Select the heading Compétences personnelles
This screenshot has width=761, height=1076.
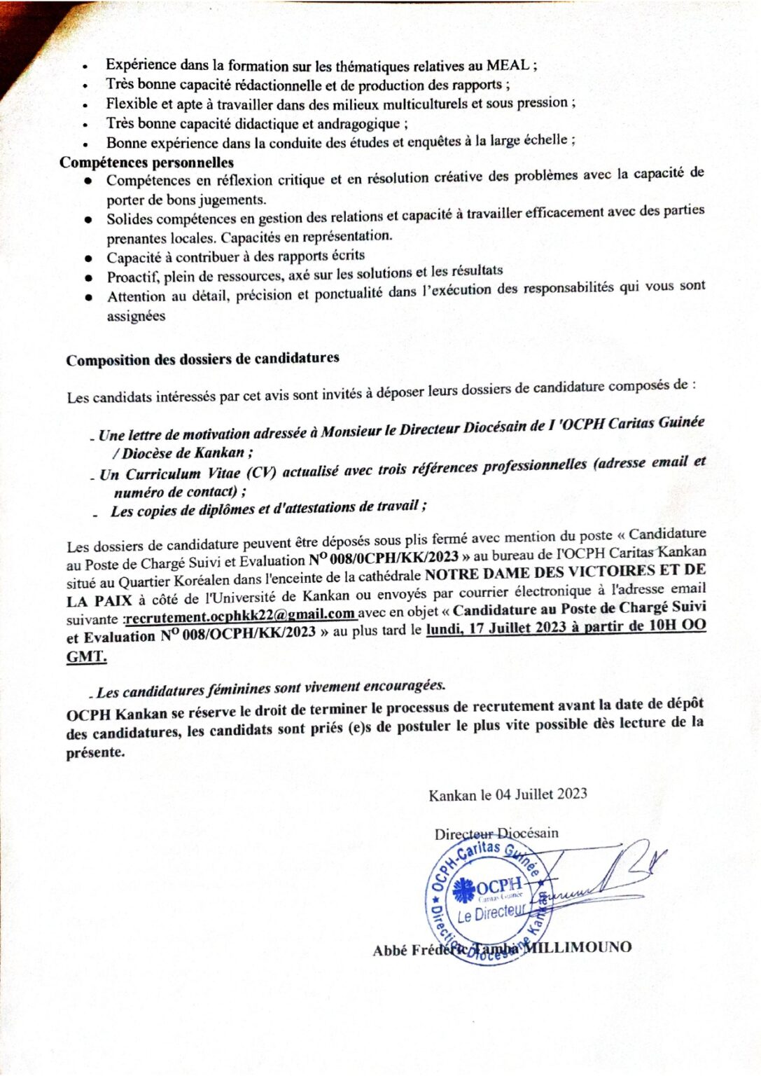point(146,163)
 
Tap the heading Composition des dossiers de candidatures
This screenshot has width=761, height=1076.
point(202,359)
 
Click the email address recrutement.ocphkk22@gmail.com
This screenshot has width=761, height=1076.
point(240,615)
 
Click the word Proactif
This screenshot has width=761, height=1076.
point(132,277)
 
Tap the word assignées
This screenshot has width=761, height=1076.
point(136,316)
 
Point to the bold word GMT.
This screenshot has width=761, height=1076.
point(86,657)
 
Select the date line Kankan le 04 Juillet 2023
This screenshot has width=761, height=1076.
point(508,794)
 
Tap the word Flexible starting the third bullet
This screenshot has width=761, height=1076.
point(132,104)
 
